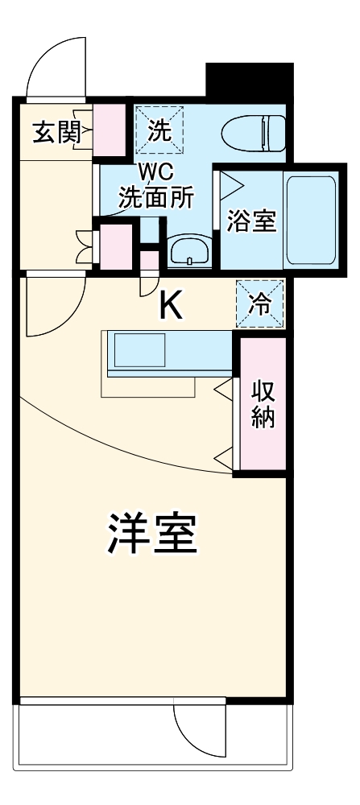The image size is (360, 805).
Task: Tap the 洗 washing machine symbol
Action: click(159, 130)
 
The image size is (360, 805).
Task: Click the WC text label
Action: click(156, 173)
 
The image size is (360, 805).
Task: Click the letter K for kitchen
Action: click(170, 305)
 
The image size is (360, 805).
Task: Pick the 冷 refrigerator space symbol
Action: click(259, 303)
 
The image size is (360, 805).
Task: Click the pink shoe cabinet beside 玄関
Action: click(111, 129)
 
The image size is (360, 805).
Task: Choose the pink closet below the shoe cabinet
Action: click(115, 246)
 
